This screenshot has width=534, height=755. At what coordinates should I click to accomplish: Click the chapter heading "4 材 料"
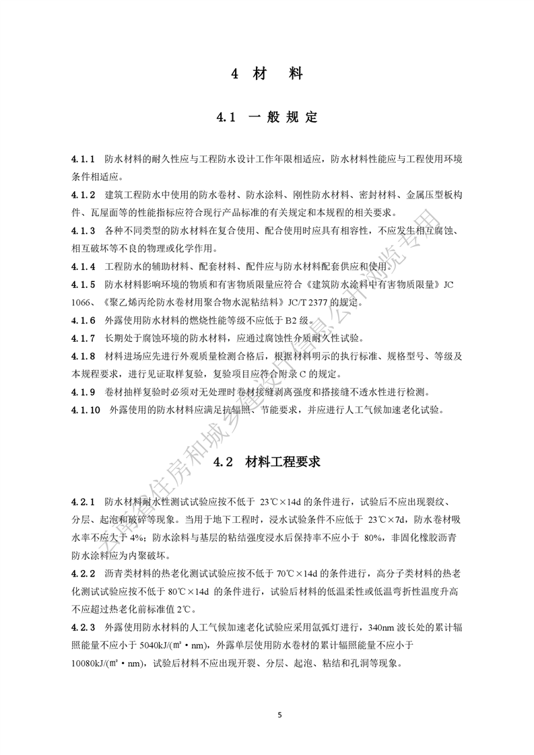[267, 74]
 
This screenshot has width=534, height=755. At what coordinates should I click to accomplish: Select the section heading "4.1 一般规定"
[267, 118]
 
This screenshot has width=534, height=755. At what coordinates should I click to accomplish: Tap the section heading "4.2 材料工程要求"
[267, 462]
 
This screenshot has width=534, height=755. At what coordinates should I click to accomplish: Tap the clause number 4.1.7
[83, 336]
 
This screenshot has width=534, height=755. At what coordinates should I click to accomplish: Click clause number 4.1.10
[86, 408]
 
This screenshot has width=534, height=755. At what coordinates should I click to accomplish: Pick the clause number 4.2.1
[83, 502]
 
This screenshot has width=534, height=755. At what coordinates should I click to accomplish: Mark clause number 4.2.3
[83, 626]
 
